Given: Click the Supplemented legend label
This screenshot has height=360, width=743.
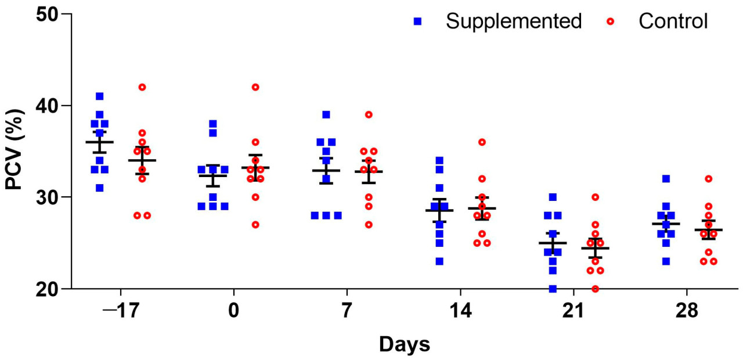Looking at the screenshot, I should (x=513, y=21).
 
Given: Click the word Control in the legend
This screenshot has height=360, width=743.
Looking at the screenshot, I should (x=673, y=21).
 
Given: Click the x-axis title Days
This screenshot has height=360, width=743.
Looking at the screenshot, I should (x=405, y=344).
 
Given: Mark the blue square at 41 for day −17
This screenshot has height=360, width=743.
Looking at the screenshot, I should (x=99, y=96).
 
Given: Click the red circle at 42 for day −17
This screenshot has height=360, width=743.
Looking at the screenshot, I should (x=142, y=87).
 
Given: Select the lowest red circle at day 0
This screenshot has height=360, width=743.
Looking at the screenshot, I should (x=255, y=225).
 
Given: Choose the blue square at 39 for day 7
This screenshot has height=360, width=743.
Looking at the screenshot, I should (x=326, y=114).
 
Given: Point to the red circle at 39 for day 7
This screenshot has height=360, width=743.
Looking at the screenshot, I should (x=369, y=114).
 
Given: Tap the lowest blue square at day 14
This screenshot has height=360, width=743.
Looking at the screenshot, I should (x=439, y=261).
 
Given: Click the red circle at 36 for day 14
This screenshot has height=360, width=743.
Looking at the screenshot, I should (x=482, y=142).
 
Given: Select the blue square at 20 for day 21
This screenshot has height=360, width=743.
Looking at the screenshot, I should (x=553, y=289).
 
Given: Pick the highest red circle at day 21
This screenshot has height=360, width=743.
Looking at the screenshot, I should (x=595, y=197).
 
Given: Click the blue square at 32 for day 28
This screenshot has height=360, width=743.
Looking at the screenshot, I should (x=666, y=179).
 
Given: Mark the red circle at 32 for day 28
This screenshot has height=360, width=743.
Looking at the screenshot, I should (x=708, y=179).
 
